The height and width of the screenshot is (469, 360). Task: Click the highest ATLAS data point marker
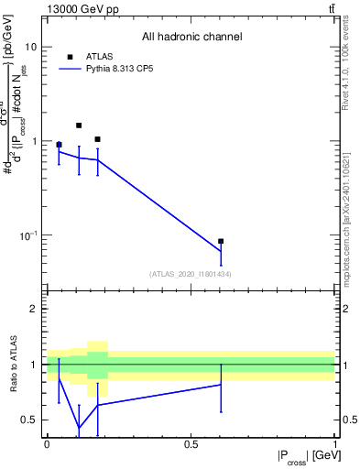click(79, 125)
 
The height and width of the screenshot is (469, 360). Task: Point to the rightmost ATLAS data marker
click(221, 242)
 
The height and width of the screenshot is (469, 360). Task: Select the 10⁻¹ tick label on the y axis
click(27, 235)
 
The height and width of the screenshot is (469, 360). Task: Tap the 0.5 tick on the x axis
click(191, 443)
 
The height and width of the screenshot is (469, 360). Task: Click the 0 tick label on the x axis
click(47, 443)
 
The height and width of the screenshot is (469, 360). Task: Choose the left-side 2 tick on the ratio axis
click(33, 309)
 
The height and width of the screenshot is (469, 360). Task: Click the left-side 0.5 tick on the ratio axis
click(29, 420)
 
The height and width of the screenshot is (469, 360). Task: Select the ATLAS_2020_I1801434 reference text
click(191, 274)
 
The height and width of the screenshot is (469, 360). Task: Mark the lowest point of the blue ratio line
click(79, 428)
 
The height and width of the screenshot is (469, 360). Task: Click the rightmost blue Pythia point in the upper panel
click(221, 252)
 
